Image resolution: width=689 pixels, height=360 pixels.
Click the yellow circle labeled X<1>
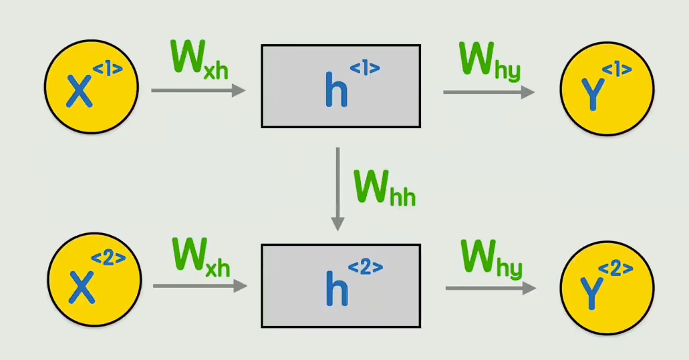pyautogui.click(x=91, y=87)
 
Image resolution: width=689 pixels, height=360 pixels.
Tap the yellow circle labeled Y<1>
pyautogui.click(x=607, y=88)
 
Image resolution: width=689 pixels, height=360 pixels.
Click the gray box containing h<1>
pyautogui.click(x=341, y=85)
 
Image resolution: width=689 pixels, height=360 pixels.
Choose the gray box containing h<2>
pyautogui.click(x=341, y=285)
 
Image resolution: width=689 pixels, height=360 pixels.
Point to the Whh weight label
pyautogui.click(x=384, y=188)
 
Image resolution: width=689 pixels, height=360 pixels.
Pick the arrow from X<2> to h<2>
pyautogui.click(x=200, y=286)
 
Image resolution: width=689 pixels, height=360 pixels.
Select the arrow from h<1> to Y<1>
pyautogui.click(x=489, y=92)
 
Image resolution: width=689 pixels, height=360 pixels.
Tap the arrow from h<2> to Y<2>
pyautogui.click(x=491, y=288)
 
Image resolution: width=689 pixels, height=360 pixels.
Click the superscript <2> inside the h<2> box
pyautogui.click(x=366, y=268)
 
